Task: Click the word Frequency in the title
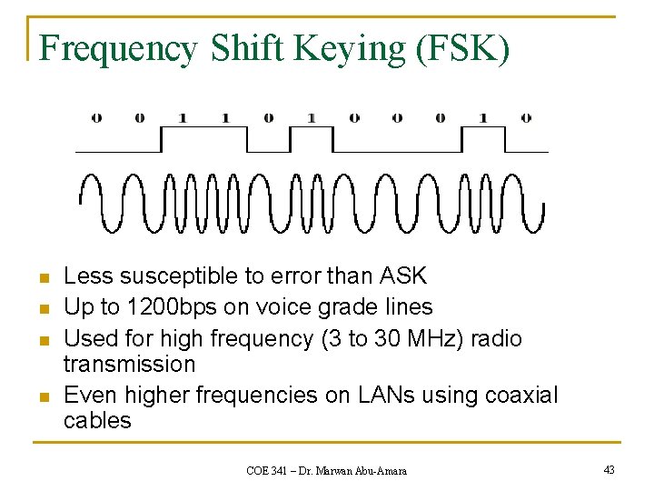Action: coord(117,50)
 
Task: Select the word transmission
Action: coord(129,364)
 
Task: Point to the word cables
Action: coord(97,421)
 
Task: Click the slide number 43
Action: coord(608,469)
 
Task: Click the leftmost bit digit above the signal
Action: coord(96,117)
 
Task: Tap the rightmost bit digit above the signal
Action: coord(526,117)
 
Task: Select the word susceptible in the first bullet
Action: coord(186,276)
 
